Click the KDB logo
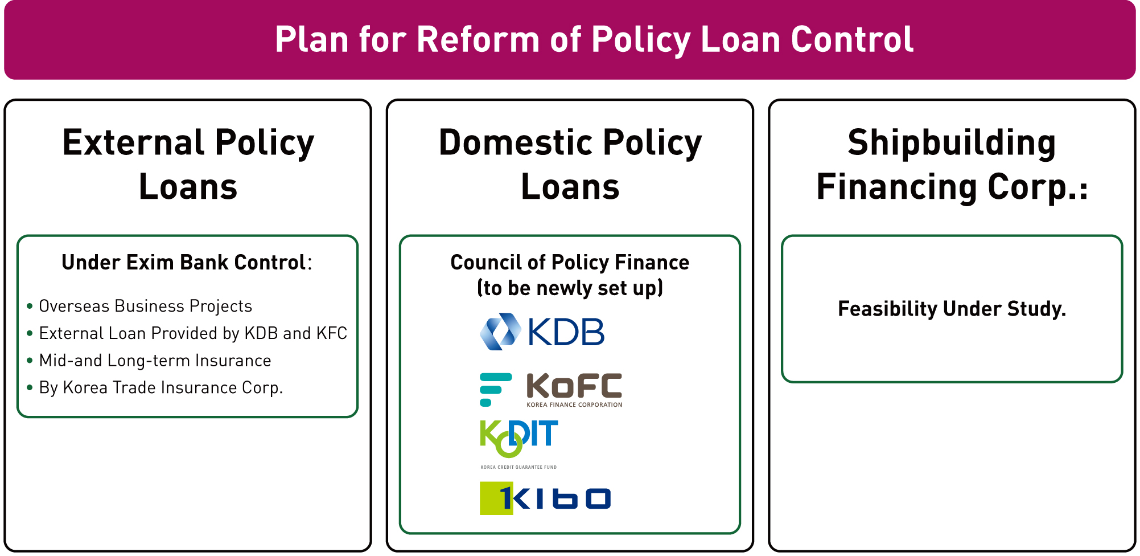(x=542, y=332)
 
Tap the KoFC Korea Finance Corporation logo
(x=551, y=390)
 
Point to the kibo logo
(x=545, y=498)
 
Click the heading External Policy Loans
(x=188, y=164)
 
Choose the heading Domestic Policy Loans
(x=570, y=164)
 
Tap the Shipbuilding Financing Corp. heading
(x=952, y=164)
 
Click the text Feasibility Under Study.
(x=952, y=309)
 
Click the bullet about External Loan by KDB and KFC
(x=187, y=333)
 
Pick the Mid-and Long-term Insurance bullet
(x=149, y=361)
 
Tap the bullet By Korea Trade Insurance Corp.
(x=155, y=388)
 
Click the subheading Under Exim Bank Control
(x=187, y=263)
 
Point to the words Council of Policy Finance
(x=570, y=263)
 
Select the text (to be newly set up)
(x=570, y=288)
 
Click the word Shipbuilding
(x=952, y=143)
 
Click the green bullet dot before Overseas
(x=30, y=306)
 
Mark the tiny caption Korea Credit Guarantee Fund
(x=518, y=467)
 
